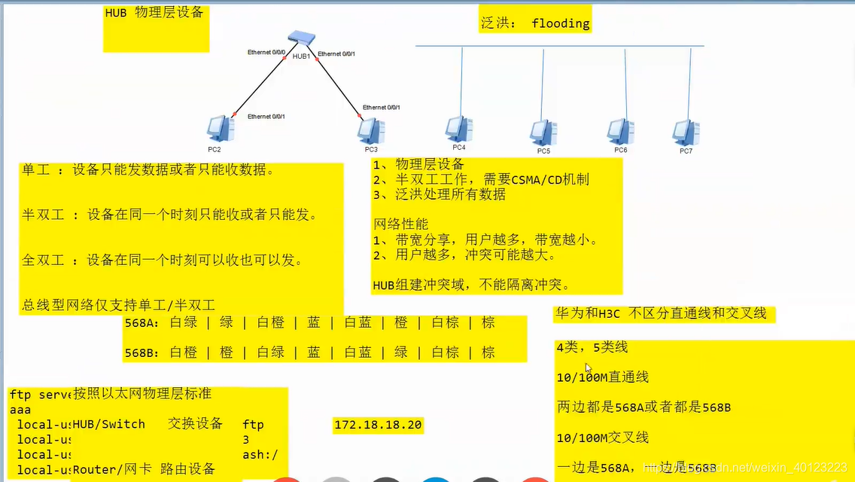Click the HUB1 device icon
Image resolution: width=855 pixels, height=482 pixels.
[x=303, y=39]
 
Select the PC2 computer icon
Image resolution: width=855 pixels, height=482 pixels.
[x=220, y=129]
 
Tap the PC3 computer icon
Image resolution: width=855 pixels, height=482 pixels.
[x=368, y=130]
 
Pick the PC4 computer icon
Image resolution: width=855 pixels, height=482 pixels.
[x=458, y=130]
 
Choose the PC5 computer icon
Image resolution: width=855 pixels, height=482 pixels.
[x=543, y=132]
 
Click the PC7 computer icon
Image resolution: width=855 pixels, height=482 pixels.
[x=686, y=133]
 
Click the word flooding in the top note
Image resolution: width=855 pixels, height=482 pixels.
[x=560, y=23]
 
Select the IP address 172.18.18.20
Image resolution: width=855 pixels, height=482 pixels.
[x=378, y=426]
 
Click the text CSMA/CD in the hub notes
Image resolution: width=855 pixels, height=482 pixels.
[x=536, y=179]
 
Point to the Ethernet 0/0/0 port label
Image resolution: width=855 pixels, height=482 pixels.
[x=266, y=52]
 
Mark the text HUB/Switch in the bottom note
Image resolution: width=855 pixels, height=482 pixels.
[x=109, y=424]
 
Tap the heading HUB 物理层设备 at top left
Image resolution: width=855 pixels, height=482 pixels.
[x=154, y=13]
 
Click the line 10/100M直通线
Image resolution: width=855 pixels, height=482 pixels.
[x=602, y=377]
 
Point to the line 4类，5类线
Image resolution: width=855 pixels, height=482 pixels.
[x=592, y=348]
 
